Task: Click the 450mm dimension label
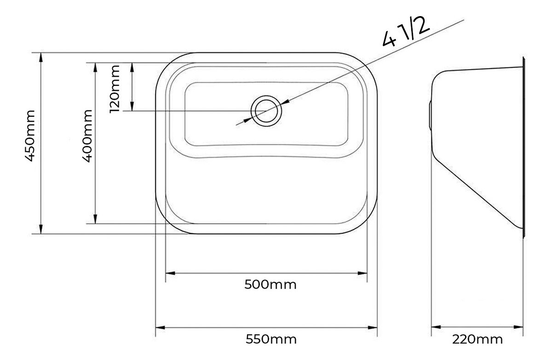pyautogui.click(x=30, y=136)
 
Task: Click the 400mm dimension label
pyautogui.click(x=87, y=136)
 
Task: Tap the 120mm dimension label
pyautogui.click(x=115, y=89)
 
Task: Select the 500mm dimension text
pyautogui.click(x=270, y=285)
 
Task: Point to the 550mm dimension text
pyautogui.click(x=271, y=339)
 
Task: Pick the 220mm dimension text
pyautogui.click(x=477, y=340)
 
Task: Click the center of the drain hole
pyautogui.click(x=266, y=111)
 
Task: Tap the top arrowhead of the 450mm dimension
pyautogui.click(x=41, y=57)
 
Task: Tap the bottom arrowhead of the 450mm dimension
pyautogui.click(x=41, y=229)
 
